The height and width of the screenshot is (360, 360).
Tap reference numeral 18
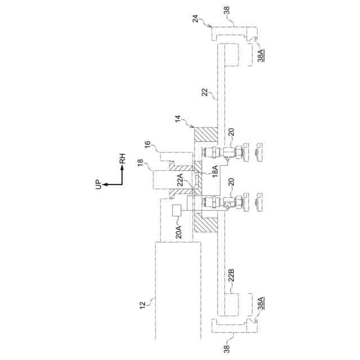(139, 164)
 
